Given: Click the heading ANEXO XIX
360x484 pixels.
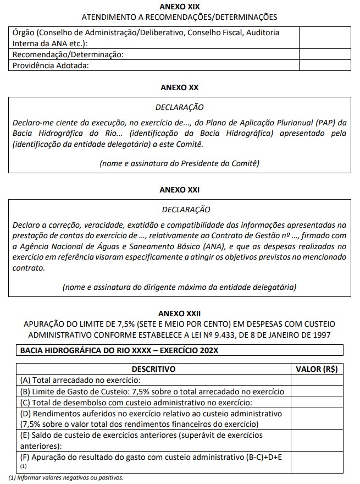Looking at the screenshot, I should (x=179, y=7).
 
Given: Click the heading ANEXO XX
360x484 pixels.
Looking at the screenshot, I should (x=179, y=87).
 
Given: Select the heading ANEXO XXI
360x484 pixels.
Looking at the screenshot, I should (x=179, y=190).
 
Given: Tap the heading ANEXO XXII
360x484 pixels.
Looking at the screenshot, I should (x=179, y=313).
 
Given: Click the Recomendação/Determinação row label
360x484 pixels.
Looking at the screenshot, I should (x=68, y=55).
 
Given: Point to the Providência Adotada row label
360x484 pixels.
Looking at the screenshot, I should (x=51, y=65).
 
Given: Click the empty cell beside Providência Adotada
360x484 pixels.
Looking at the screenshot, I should (x=324, y=65).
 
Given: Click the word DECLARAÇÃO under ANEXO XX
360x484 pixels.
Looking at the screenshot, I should (x=179, y=107).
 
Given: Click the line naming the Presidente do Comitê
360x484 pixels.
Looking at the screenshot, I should (x=179, y=163).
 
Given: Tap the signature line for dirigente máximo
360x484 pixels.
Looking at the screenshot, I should (x=179, y=287).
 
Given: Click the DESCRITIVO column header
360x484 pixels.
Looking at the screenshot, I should (x=153, y=369).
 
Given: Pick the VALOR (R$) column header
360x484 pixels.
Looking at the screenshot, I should (x=317, y=369).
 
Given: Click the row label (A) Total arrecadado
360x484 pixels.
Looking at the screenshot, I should (x=80, y=380).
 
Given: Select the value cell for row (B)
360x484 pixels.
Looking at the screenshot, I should (x=317, y=392).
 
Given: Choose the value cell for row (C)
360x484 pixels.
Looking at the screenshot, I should (x=317, y=403).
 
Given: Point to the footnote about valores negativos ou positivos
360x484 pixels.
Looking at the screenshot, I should (x=66, y=477).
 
